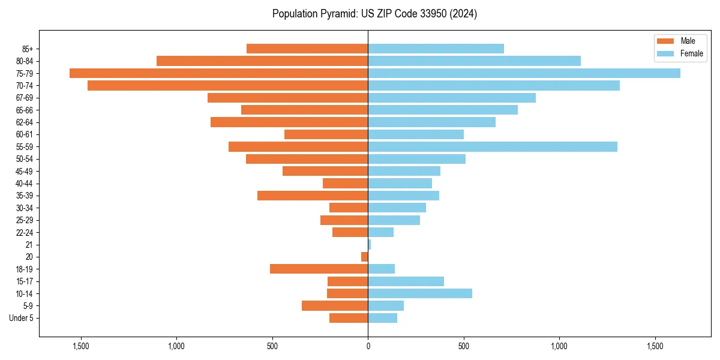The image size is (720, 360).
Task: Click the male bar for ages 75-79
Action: click(x=218, y=73)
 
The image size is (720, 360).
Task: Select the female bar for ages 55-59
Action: click(x=492, y=146)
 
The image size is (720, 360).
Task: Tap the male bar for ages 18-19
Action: click(x=319, y=269)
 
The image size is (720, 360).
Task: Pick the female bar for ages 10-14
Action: click(x=420, y=293)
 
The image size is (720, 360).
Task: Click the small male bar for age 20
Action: click(x=364, y=257)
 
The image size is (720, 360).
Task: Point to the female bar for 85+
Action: click(x=436, y=49)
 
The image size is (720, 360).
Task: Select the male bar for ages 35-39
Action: click(x=313, y=196)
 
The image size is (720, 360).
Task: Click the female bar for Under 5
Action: click(x=382, y=318)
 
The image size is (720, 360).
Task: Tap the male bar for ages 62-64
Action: click(x=289, y=122)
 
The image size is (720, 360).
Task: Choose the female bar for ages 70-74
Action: click(x=493, y=85)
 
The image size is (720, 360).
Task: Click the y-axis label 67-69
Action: click(x=25, y=98)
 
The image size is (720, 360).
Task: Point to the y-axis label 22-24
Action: click(x=25, y=232)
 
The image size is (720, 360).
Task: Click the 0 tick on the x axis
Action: click(x=368, y=346)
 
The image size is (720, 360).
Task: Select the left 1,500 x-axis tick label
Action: click(x=80, y=346)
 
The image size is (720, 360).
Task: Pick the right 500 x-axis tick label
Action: click(x=463, y=346)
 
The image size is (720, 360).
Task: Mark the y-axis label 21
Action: click(x=29, y=245)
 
